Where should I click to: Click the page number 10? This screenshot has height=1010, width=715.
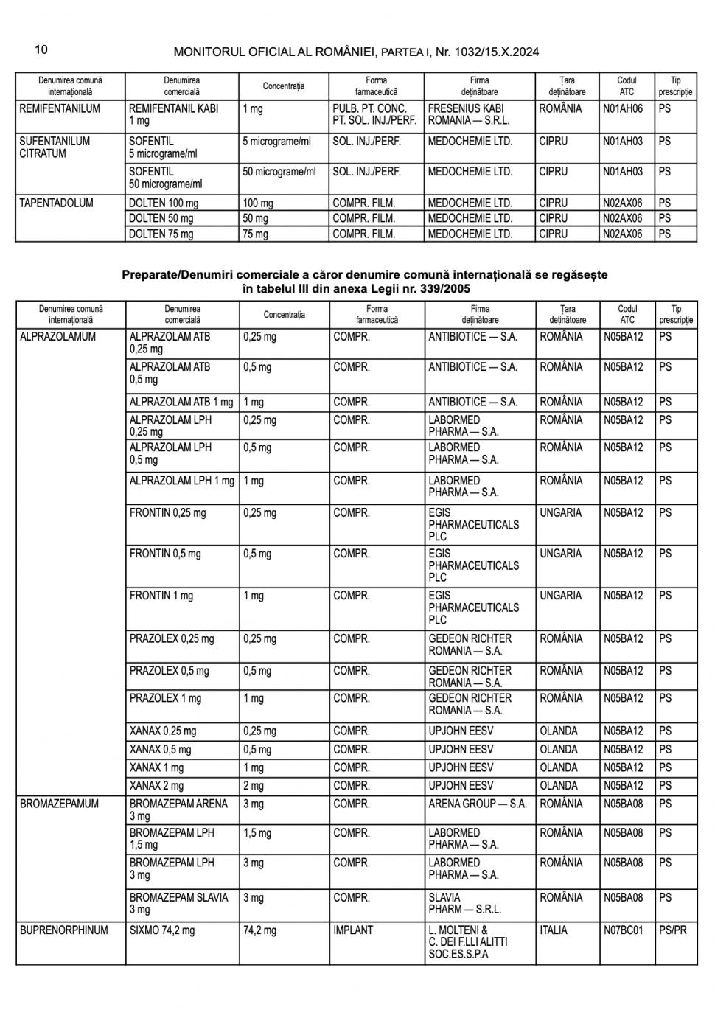click(41, 49)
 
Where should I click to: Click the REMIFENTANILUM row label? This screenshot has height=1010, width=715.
click(60, 108)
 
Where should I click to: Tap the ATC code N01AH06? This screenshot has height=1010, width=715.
click(623, 108)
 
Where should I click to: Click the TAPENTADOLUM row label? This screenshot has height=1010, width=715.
click(56, 203)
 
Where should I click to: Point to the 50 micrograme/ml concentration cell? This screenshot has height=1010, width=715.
click(279, 172)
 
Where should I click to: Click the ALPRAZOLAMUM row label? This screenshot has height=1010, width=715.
click(57, 337)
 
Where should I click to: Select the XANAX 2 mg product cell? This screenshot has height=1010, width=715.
click(156, 785)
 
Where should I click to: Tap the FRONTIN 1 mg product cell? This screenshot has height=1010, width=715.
click(161, 596)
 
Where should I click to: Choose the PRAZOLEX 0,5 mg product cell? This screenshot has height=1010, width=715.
click(169, 671)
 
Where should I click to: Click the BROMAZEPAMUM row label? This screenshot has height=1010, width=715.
click(59, 804)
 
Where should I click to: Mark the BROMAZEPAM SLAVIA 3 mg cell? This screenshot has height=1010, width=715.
click(178, 903)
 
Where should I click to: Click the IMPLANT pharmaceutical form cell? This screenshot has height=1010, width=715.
click(353, 930)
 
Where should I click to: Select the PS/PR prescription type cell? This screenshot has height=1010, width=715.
click(672, 930)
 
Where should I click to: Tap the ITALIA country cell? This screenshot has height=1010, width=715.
click(554, 930)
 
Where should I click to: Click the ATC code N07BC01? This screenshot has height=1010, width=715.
click(623, 930)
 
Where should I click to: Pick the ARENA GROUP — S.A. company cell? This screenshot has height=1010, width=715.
click(477, 804)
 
